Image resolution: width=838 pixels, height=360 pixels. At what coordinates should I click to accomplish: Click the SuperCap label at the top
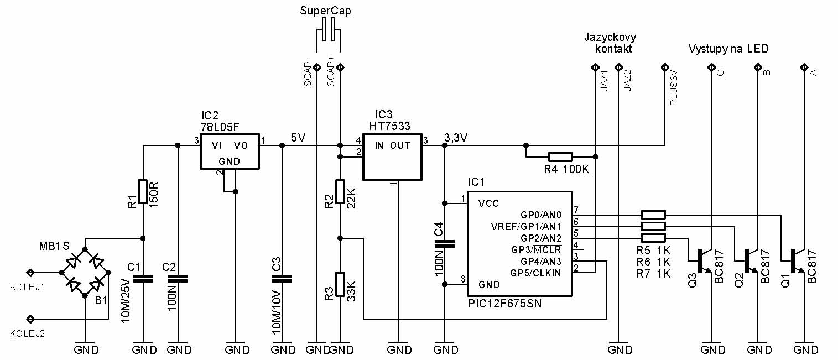pyautogui.click(x=325, y=11)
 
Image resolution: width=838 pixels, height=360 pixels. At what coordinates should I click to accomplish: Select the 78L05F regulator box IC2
pyautogui.click(x=230, y=151)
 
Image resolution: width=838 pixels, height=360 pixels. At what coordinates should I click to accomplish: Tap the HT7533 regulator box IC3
pyautogui.click(x=392, y=157)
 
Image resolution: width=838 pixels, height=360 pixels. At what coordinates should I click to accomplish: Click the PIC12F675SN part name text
pyautogui.click(x=504, y=304)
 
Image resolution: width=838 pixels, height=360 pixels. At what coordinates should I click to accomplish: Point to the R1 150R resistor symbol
pyautogui.click(x=143, y=191)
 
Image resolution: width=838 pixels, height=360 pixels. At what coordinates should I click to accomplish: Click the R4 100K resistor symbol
pyautogui.click(x=560, y=157)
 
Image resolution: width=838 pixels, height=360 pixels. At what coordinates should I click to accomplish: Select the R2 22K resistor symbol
pyautogui.click(x=340, y=191)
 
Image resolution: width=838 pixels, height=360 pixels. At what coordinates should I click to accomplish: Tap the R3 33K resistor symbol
pyautogui.click(x=340, y=284)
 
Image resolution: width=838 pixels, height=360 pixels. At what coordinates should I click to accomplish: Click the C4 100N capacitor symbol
pyautogui.click(x=445, y=244)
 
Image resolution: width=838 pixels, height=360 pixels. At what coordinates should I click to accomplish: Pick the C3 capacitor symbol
pyautogui.click(x=282, y=279)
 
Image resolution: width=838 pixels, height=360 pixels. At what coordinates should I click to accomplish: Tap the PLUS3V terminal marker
pyautogui.click(x=665, y=67)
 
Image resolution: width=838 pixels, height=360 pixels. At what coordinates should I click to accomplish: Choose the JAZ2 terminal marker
pyautogui.click(x=618, y=67)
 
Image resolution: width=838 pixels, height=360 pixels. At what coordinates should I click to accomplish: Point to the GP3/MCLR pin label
pyautogui.click(x=536, y=249)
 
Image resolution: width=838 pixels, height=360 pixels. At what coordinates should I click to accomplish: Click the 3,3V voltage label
pyautogui.click(x=456, y=138)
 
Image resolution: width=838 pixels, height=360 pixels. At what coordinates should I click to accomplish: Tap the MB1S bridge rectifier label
pyautogui.click(x=55, y=246)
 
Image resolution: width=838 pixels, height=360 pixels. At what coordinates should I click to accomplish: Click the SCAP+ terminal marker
pyautogui.click(x=340, y=67)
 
